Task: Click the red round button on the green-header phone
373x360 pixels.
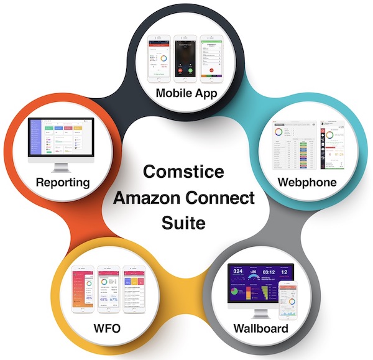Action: pyautogui.click(x=214, y=70)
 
